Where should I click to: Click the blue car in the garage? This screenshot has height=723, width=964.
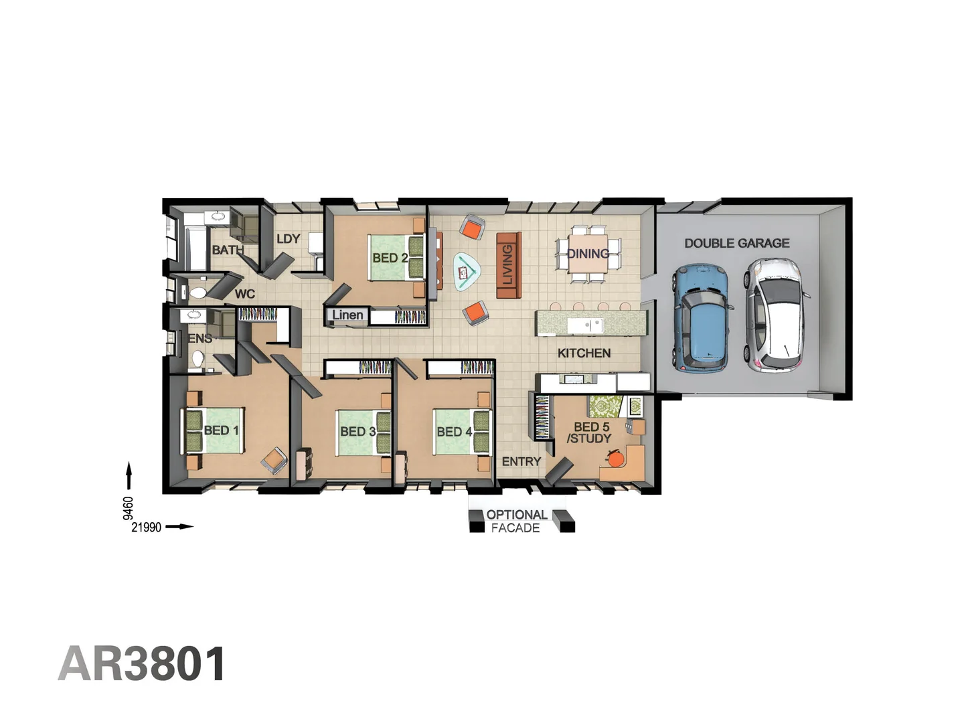point(702,319)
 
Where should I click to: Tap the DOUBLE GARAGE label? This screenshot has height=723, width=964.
point(736,243)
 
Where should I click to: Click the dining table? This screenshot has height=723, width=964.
point(588,253)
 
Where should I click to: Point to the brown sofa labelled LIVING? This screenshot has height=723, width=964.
point(508,265)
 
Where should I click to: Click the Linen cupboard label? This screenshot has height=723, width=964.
point(347,315)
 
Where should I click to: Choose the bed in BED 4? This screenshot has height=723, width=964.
point(461,432)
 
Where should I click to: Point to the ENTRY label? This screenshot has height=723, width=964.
point(521,461)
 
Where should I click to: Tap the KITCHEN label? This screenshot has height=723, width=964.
point(584,353)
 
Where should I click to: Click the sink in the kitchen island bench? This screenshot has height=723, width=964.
point(585,325)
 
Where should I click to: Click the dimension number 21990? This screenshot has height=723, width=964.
point(146,528)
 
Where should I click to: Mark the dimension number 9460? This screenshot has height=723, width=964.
point(128,508)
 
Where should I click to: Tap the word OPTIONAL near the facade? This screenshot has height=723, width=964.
point(517,515)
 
